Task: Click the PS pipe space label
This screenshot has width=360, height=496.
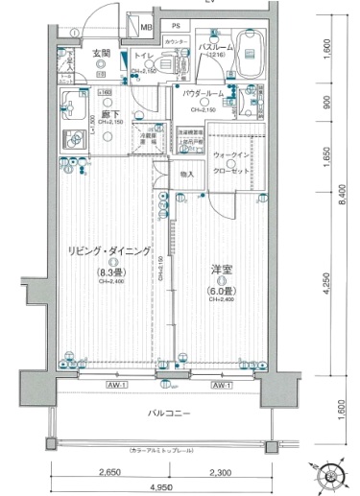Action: coord(176,26)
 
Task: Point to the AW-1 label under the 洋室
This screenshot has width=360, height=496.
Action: coord(222,385)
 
